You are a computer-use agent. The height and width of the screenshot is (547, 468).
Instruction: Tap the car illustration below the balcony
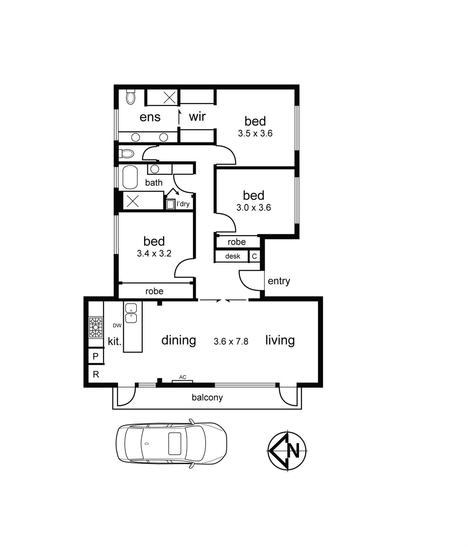(x=171, y=443)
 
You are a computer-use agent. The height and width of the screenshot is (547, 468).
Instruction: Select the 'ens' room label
(x=150, y=117)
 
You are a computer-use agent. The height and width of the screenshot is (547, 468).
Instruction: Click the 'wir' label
(x=197, y=117)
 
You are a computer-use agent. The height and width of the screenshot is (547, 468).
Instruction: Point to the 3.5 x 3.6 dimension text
(x=255, y=133)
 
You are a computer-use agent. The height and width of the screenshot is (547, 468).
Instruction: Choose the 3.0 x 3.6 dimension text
(x=253, y=208)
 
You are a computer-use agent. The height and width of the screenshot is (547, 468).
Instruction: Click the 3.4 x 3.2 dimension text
(x=154, y=253)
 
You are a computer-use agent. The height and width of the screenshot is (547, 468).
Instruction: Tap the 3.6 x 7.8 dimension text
(x=231, y=341)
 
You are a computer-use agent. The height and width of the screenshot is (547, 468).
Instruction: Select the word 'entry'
(x=279, y=281)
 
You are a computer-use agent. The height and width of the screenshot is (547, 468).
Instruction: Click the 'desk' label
(x=233, y=256)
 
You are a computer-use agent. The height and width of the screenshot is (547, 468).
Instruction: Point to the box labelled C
(x=255, y=256)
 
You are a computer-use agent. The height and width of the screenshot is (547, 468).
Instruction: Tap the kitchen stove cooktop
(x=96, y=328)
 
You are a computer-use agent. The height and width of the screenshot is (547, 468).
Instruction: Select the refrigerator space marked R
(x=96, y=374)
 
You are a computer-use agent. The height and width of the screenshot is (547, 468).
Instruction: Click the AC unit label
(x=183, y=377)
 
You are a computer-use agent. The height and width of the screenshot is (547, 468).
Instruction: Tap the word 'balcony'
(x=207, y=398)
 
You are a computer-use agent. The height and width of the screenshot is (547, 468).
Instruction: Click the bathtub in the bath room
(x=130, y=177)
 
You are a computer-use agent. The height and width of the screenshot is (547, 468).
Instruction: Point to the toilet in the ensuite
(x=130, y=97)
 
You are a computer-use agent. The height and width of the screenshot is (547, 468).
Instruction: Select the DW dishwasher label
(x=117, y=325)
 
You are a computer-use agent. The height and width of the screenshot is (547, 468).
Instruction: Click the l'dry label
(x=183, y=204)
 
